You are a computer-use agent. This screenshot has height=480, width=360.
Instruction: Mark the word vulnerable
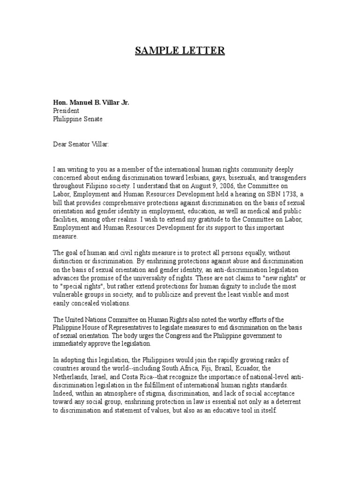[x=69, y=295]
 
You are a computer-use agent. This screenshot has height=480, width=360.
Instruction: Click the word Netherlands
[x=70, y=376]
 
